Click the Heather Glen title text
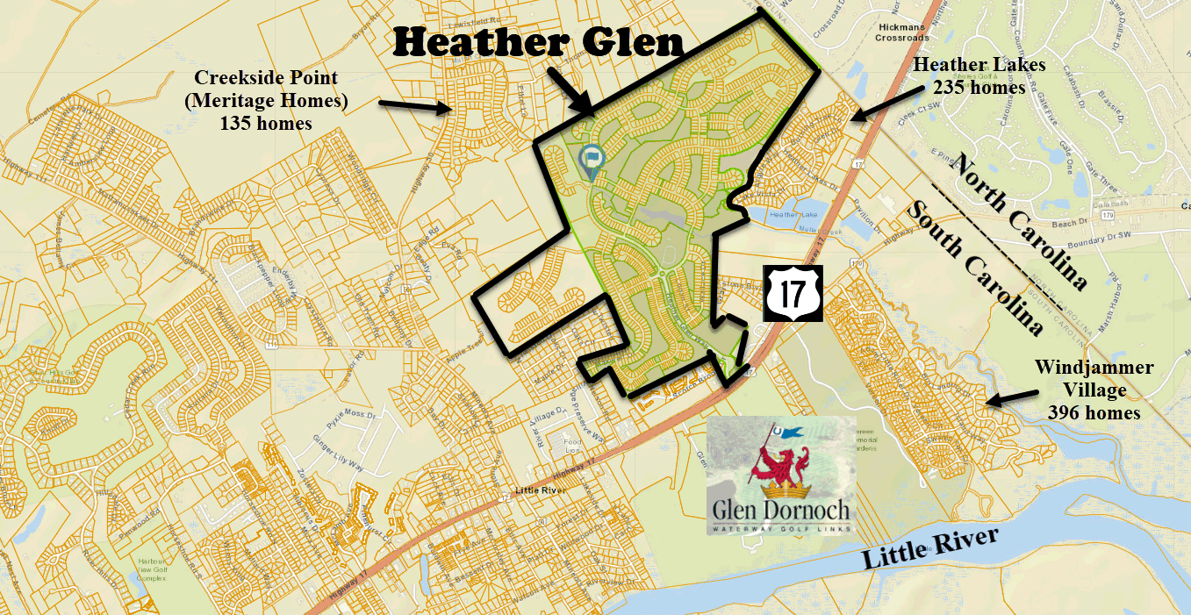point(537,42)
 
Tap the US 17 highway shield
point(790,297)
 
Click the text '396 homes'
point(1094,411)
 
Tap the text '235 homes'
point(979,88)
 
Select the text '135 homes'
point(266,124)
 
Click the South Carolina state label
point(974,267)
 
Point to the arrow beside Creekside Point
point(415,107)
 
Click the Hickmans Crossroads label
point(892,34)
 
